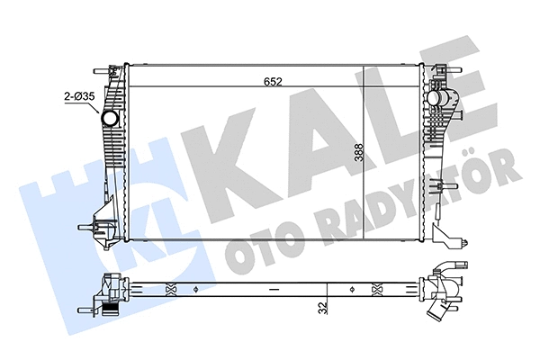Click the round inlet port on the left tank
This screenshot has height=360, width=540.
coord(110,119)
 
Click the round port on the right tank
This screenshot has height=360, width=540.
coord(436,95)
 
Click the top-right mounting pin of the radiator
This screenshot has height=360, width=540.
coord(443,68)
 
